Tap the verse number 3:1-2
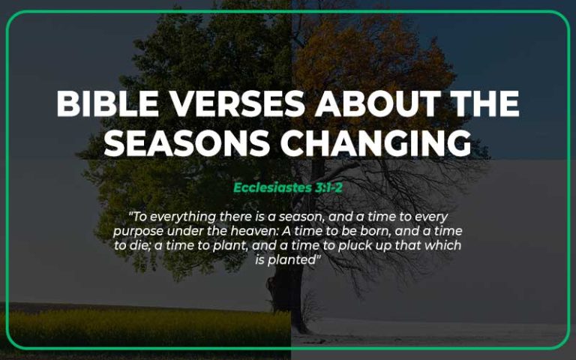[x=328, y=187]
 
